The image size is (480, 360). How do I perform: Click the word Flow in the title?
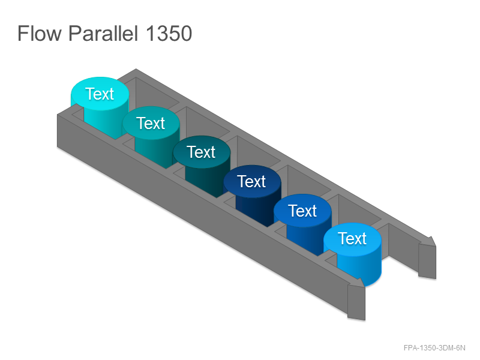40,33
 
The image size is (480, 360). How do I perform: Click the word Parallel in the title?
103,33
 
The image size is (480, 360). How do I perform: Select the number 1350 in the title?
169,33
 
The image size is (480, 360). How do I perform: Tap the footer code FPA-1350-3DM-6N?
434,348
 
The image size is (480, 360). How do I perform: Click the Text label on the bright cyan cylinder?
100,94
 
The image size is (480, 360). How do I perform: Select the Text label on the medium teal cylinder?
151,123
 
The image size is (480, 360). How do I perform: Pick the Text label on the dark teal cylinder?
201,152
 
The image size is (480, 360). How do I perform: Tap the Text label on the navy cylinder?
251,181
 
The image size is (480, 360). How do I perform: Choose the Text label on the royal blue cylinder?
302,211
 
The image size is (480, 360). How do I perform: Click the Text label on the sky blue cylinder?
352,238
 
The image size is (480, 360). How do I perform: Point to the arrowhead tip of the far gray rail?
436,245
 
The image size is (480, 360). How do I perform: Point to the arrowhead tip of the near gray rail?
364,287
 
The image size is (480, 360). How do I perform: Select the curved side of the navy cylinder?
257,209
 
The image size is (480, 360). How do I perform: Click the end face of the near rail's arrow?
356,302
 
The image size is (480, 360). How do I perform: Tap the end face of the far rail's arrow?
427,261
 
